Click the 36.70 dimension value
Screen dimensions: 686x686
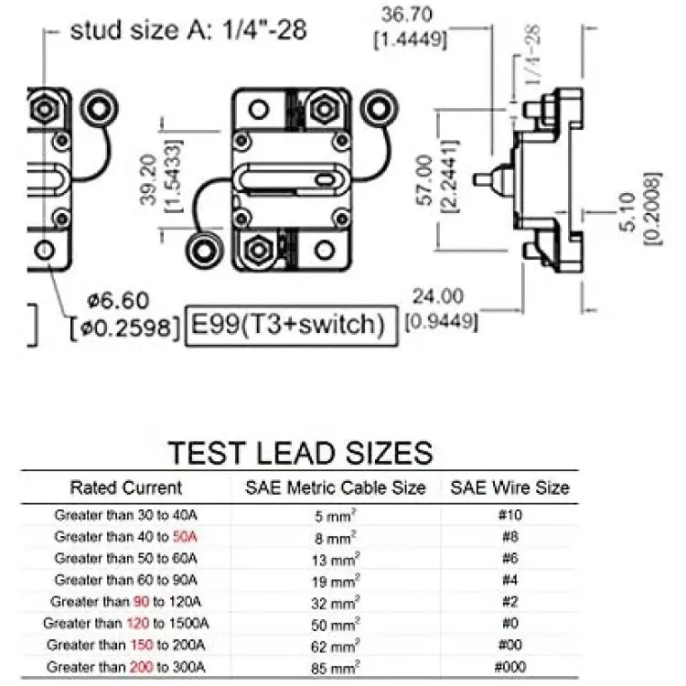406,15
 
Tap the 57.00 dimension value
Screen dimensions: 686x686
423,179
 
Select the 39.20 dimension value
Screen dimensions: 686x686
148,179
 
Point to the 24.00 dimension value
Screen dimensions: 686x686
437,296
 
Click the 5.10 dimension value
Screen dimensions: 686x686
627,212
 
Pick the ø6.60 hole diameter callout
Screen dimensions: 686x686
119,301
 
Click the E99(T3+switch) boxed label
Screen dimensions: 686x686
292,325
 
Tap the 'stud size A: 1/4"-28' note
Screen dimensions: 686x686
188,30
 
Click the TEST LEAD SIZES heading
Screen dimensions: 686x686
301,453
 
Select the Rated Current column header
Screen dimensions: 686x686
126,488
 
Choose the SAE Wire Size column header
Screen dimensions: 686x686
509,488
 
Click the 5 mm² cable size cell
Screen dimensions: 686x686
335,516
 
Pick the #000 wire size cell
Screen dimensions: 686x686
509,667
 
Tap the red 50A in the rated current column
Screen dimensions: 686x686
185,536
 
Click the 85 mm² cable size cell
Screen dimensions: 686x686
335,668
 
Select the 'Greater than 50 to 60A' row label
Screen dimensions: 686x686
126,558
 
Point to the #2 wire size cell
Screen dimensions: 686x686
509,602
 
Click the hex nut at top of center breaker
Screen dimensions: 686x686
323,110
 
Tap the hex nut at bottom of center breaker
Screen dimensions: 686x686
258,251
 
